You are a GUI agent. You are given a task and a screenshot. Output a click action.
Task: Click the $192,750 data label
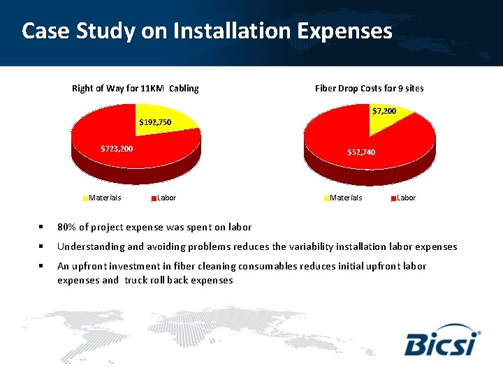pos(155,122)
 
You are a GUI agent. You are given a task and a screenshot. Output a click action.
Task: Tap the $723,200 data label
pos(117,149)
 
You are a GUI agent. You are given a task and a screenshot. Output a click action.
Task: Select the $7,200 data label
pos(384,111)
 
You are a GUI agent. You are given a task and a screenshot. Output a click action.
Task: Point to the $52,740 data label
pos(361,152)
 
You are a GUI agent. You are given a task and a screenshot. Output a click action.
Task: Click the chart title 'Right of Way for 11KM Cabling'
pos(136,89)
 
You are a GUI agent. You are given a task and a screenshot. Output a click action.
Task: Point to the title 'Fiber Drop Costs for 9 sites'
pos(369,89)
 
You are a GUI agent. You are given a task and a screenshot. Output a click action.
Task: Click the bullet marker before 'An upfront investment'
pos(42,266)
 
